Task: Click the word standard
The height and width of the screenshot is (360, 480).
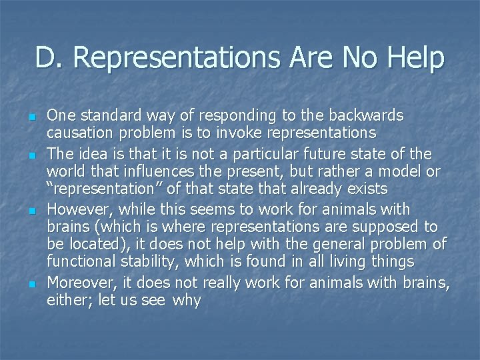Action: tap(103, 115)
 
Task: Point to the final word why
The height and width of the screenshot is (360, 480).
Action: tap(186, 300)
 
